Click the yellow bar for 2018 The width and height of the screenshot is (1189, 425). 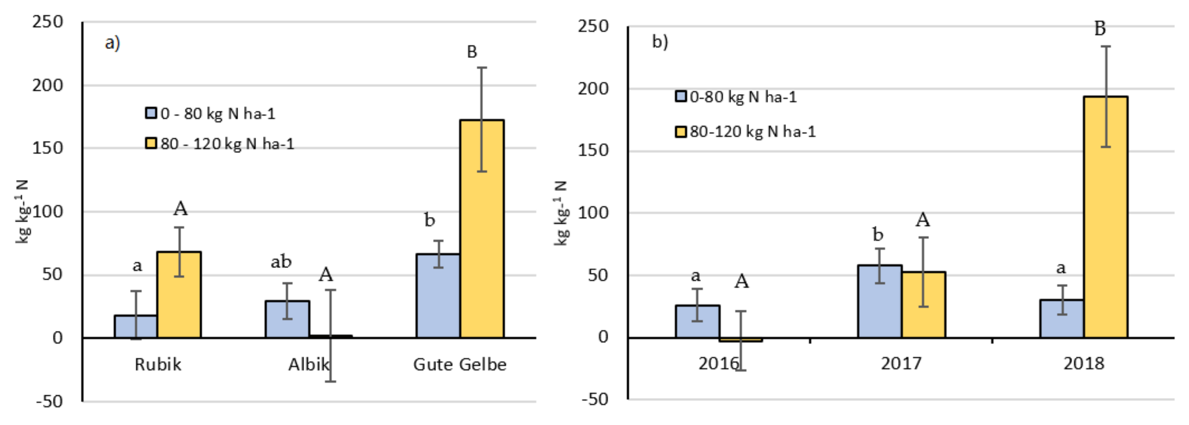click(x=1106, y=217)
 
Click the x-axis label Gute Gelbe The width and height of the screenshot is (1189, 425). click(x=460, y=365)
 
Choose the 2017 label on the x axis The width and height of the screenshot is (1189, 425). click(x=901, y=363)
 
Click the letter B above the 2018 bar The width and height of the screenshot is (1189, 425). click(x=1100, y=29)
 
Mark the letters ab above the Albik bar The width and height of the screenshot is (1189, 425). click(x=281, y=262)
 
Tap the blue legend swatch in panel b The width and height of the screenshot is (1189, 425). click(x=681, y=97)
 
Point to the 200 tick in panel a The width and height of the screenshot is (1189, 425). click(x=48, y=85)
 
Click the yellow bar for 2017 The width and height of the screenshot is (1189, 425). click(x=923, y=305)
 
